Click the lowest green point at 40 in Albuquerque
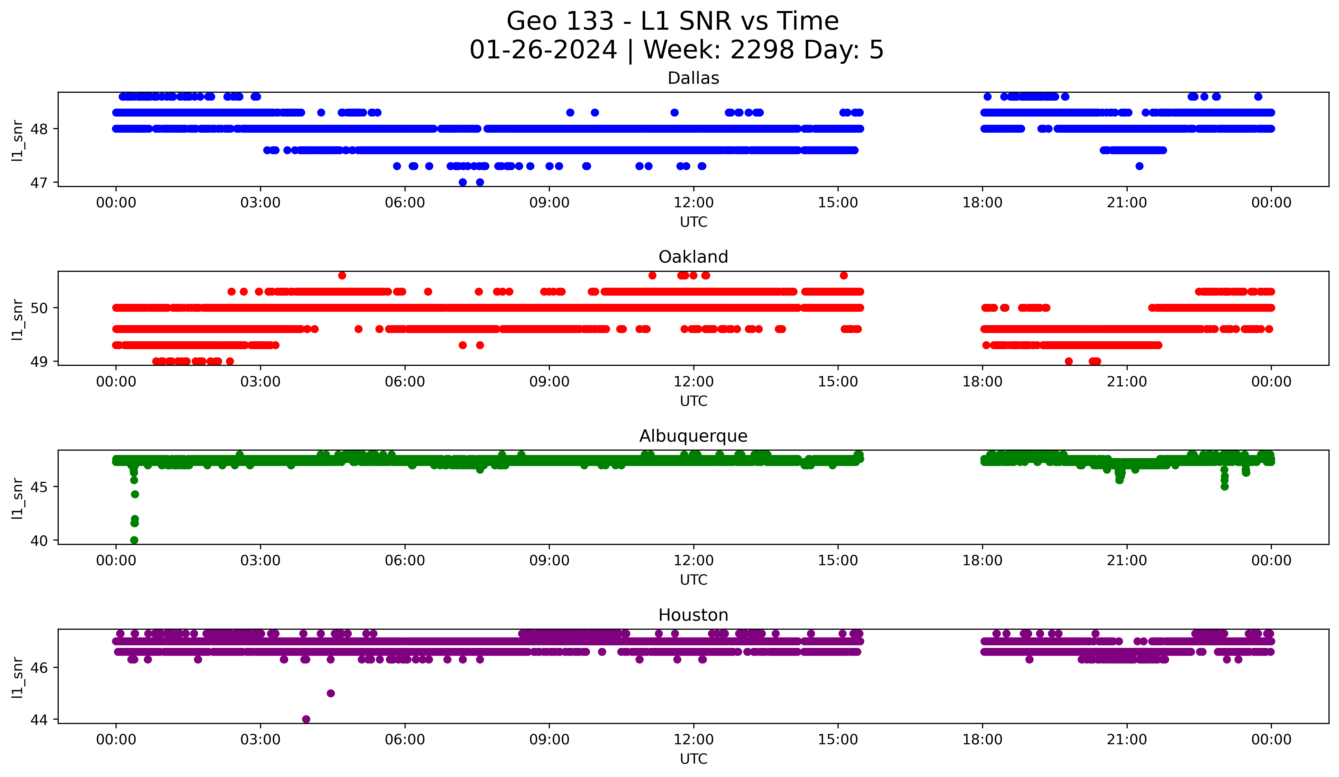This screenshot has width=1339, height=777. pos(135,540)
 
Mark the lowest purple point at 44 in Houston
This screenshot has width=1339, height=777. pos(306,719)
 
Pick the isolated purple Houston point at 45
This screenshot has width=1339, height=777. pos(331,693)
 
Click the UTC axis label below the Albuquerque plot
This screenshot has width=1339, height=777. pos(693,580)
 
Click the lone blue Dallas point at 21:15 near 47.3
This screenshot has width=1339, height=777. pos(1139,166)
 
